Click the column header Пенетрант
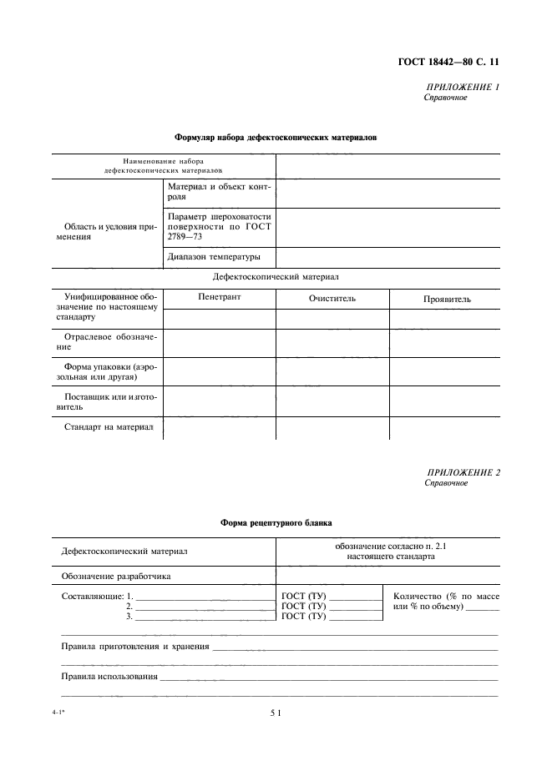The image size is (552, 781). click(220, 298)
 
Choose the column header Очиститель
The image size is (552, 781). click(332, 299)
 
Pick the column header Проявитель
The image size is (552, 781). click(447, 299)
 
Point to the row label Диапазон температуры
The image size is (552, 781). click(214, 256)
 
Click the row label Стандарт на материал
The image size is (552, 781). click(109, 427)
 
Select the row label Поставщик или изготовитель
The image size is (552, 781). click(107, 401)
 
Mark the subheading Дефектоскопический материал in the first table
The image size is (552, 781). click(276, 276)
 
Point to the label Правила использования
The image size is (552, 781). click(109, 676)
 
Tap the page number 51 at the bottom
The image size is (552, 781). click(276, 713)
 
